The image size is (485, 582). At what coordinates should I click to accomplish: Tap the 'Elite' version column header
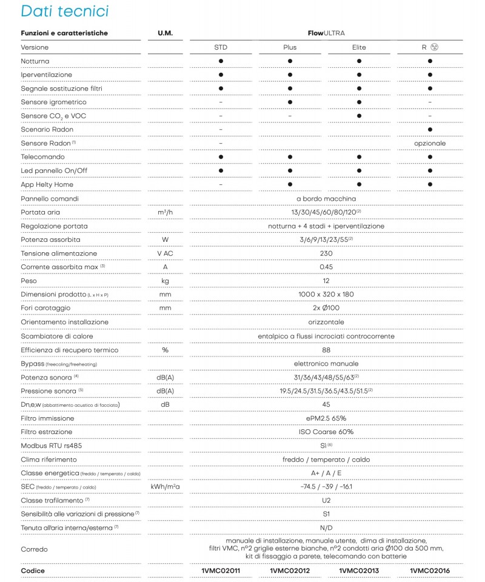359,47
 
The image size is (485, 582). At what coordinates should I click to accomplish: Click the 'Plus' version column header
290,47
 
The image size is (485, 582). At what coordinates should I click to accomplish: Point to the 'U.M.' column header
165,33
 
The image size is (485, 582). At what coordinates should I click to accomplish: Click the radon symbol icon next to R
434,47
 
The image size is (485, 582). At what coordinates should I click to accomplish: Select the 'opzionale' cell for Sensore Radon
430,143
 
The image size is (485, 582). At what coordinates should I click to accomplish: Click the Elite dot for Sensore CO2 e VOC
359,116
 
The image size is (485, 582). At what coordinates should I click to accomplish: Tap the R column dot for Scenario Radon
430,130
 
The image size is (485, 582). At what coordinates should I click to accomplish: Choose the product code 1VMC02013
359,570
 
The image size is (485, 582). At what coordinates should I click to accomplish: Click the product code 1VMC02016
430,570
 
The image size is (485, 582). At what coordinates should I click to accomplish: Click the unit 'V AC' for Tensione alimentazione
165,253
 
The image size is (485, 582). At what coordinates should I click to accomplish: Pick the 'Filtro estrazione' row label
47,432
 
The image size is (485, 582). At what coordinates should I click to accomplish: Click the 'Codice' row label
33,570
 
